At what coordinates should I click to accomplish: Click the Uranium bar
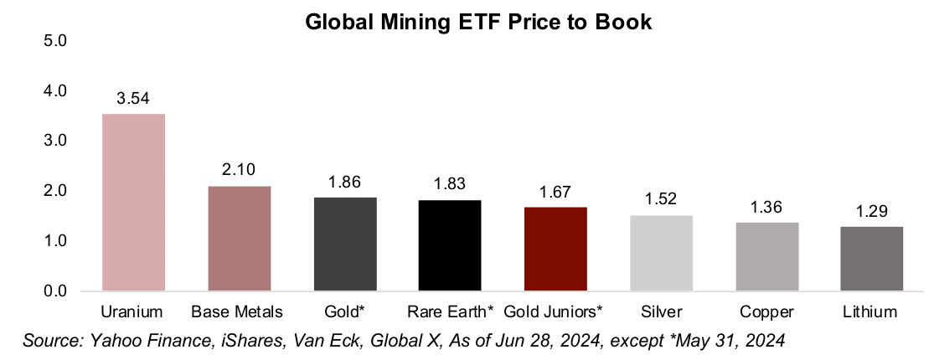(133, 203)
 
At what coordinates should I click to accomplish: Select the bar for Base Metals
(239, 239)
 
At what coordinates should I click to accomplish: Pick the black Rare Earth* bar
(449, 245)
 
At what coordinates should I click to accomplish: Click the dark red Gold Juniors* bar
(555, 249)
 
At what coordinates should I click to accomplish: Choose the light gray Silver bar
(661, 253)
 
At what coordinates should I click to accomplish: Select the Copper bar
(766, 257)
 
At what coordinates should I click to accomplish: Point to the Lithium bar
(872, 259)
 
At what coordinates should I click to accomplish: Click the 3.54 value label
(133, 99)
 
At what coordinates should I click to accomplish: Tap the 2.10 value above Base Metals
(239, 171)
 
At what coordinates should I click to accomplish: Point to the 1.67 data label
(555, 193)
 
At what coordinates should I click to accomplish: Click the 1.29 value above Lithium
(872, 212)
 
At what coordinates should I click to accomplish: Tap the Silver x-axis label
(661, 312)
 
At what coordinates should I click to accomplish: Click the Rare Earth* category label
(449, 312)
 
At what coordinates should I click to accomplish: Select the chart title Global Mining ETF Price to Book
(478, 23)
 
